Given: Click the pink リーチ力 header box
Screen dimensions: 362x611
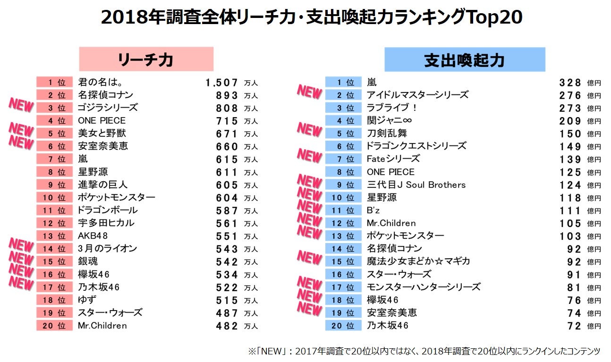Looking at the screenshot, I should (x=146, y=59).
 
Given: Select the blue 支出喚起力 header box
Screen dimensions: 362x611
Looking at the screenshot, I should (x=465, y=59).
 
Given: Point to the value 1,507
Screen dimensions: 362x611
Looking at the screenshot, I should (x=222, y=83).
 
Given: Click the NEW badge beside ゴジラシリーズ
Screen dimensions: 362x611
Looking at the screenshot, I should (x=21, y=106).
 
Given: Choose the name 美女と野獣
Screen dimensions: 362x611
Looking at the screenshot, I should (x=102, y=134).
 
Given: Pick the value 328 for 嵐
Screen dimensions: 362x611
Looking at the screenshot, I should (x=570, y=83).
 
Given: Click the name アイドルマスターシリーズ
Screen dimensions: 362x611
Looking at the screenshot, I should (x=417, y=95).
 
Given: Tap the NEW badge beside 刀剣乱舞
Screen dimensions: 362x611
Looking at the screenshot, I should (x=309, y=129).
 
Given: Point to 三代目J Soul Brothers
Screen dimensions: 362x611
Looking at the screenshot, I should (x=416, y=185).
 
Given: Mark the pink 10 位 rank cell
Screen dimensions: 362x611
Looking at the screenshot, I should (x=54, y=198).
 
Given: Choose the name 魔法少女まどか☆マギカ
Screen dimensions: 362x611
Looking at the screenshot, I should (x=418, y=261).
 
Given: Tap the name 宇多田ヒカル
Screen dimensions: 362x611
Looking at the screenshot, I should (x=106, y=223).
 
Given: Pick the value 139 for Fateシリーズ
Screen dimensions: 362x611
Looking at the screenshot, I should (x=570, y=159).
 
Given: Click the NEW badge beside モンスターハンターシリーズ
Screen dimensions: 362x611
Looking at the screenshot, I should (x=309, y=283).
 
